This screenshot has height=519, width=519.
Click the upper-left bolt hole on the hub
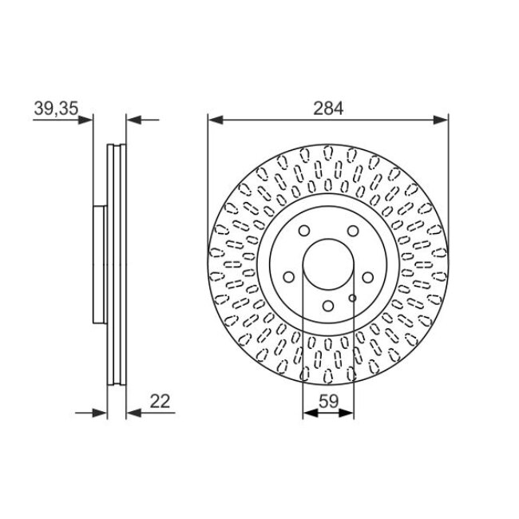[x=303, y=232]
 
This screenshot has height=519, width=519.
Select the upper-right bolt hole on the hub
[x=352, y=232]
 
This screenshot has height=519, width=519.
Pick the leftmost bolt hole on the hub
[x=289, y=275]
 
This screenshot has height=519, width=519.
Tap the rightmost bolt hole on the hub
[x=367, y=276]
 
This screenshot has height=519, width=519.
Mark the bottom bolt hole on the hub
[x=328, y=305]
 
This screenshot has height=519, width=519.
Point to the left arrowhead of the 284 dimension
[x=214, y=121]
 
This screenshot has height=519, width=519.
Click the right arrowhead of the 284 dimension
[x=442, y=121]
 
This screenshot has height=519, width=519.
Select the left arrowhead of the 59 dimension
[x=309, y=413]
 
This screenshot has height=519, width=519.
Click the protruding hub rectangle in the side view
[x=100, y=263]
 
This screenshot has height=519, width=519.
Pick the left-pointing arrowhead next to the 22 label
[x=133, y=413]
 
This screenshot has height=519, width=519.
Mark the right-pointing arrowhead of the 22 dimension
[x=101, y=413]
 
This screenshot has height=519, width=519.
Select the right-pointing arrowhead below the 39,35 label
[x=88, y=121]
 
